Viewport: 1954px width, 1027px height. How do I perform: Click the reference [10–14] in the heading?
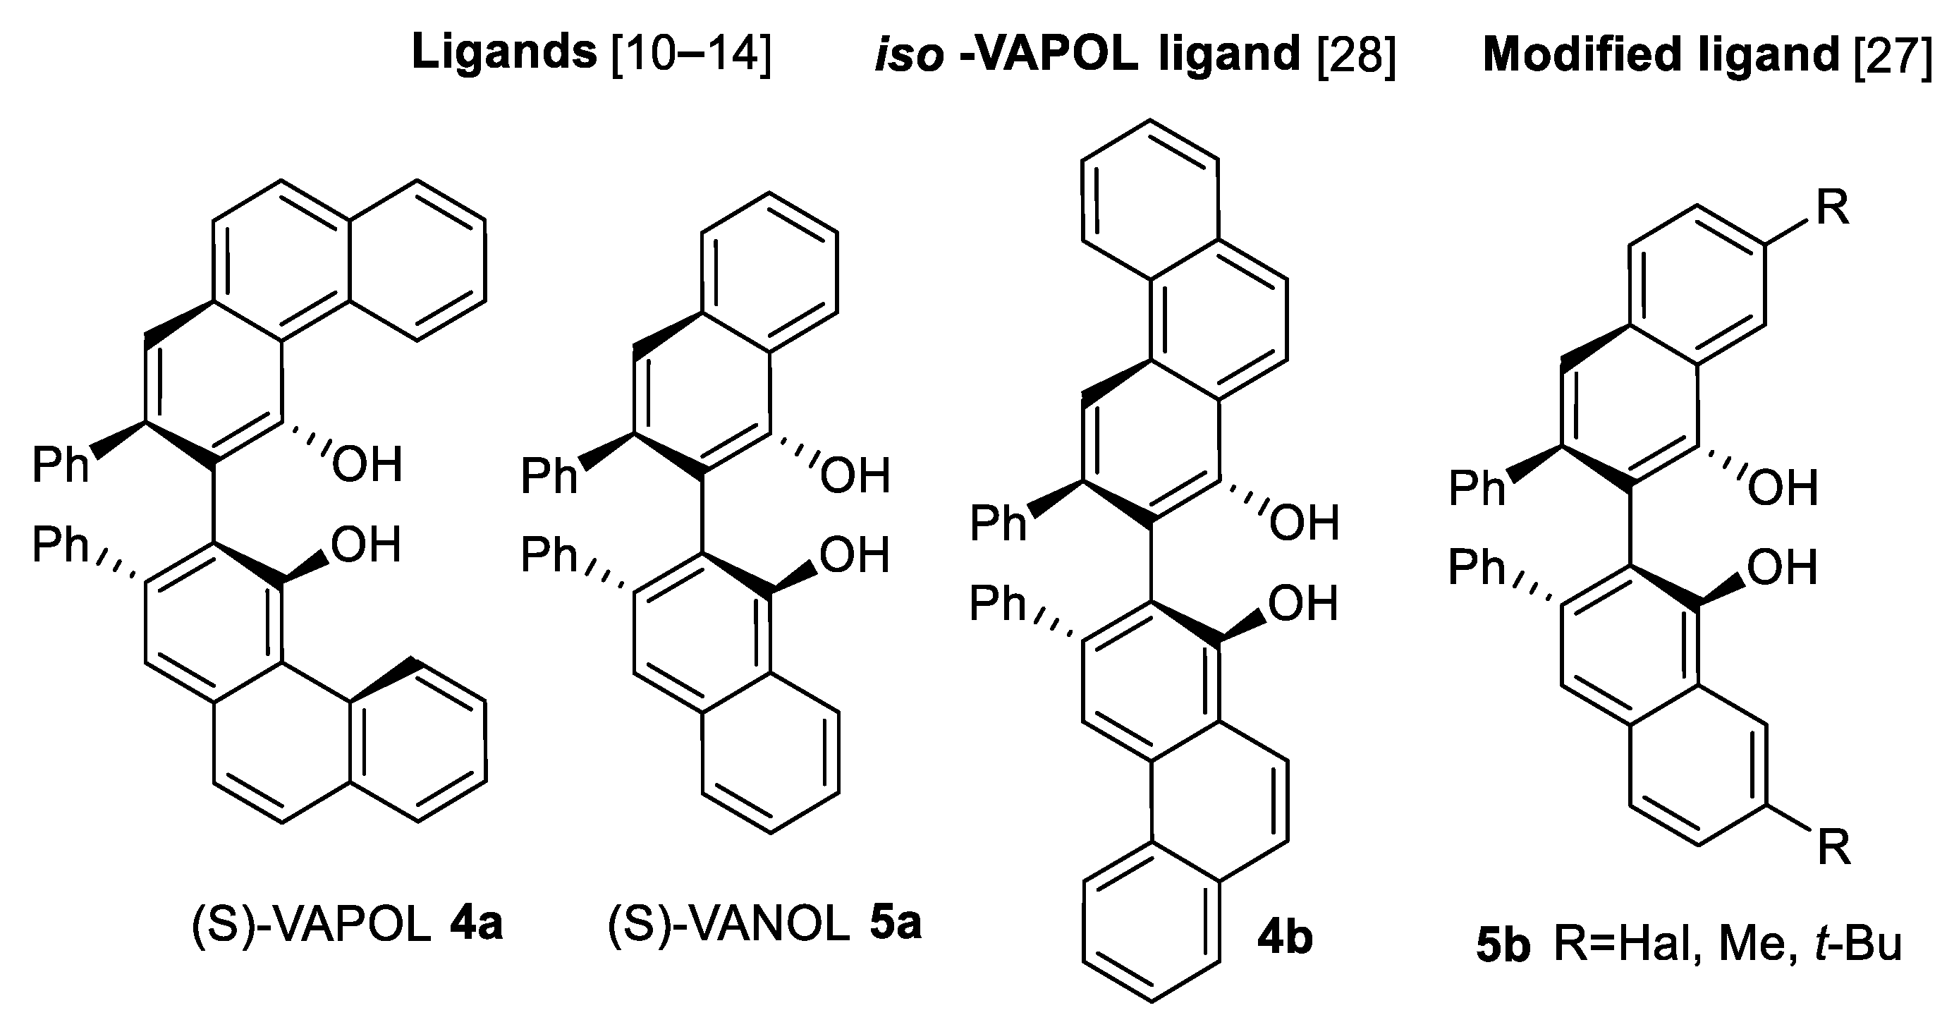pos(691,54)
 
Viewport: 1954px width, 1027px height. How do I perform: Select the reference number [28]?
pos(1355,54)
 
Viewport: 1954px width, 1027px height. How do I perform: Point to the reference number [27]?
pos(1892,54)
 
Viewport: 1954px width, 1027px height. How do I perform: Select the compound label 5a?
pos(895,924)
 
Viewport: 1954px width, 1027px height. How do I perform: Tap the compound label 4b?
pos(1284,938)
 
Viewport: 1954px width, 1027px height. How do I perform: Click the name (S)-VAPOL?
pos(311,925)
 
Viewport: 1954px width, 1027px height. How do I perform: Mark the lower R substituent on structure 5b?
pos(1834,846)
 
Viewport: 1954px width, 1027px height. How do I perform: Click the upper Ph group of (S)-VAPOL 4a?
pos(60,464)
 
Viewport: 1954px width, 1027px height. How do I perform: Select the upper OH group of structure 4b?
pos(1304,523)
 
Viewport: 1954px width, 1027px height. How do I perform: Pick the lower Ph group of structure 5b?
pos(1476,566)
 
